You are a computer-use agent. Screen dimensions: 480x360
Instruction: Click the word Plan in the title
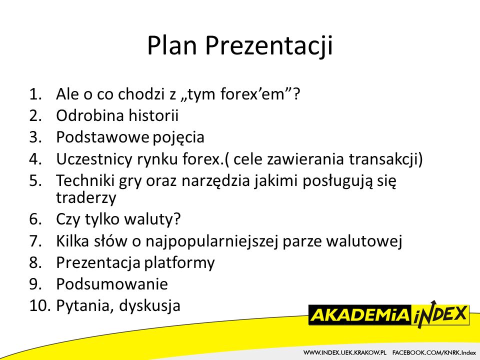(171, 45)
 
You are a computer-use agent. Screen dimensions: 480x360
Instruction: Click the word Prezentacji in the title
(268, 46)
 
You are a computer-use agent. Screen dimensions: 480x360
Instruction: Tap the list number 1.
(35, 94)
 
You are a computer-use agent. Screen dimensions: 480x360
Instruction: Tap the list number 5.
(35, 180)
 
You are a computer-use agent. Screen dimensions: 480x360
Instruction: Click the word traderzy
(86, 198)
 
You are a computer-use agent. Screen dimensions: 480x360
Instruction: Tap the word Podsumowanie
(112, 284)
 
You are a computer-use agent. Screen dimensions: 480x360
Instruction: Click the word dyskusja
(149, 306)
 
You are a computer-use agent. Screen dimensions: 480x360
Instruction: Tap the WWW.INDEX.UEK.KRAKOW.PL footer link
(345, 353)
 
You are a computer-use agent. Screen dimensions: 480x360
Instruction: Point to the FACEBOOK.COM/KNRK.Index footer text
(434, 353)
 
